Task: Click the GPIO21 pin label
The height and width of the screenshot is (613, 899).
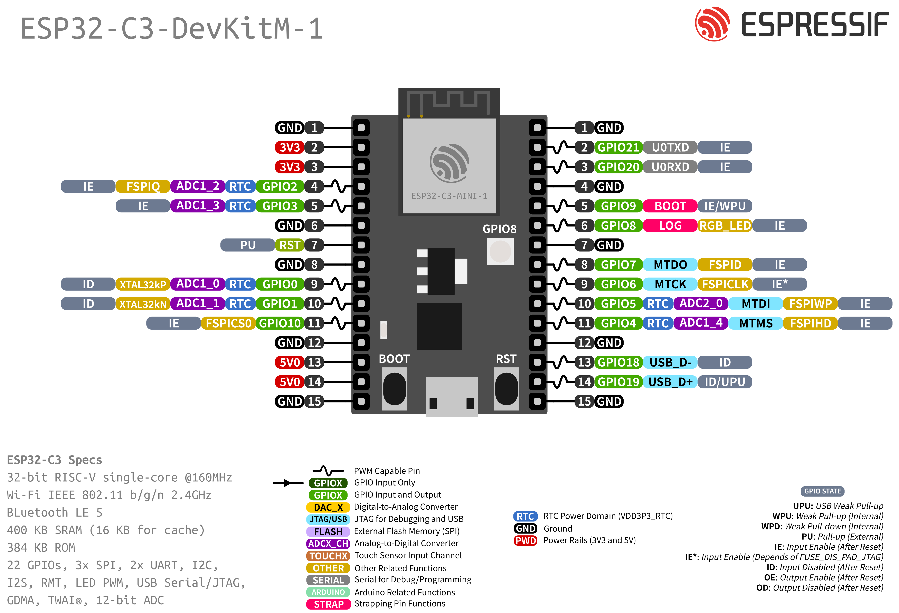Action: tap(618, 147)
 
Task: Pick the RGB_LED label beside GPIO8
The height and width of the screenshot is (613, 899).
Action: tap(725, 225)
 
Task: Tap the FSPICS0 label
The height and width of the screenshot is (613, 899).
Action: tap(228, 323)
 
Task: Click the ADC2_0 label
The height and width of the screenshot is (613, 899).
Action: tap(701, 304)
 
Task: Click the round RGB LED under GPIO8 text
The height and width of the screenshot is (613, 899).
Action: tap(500, 251)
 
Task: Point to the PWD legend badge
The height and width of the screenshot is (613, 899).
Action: tap(525, 540)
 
